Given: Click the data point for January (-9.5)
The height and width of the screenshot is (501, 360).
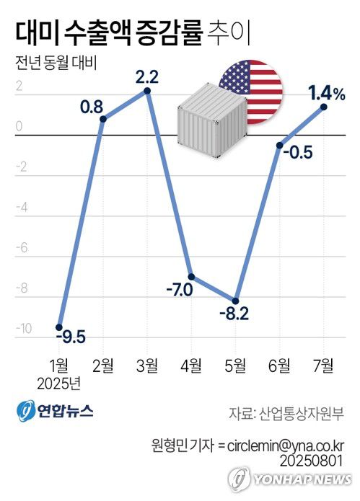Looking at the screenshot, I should pos(59,327).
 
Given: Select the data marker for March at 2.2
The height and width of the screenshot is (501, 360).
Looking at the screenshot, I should pos(147,91).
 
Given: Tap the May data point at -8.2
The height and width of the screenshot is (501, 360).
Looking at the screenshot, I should pos(235,299).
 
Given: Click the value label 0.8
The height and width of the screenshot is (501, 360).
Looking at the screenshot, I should pos(91,107).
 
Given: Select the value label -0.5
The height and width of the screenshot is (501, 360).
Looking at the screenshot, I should pos(297,153).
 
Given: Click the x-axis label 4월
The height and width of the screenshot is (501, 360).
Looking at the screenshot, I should pos(191,365).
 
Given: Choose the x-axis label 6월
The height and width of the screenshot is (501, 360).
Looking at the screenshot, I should pos(279,365).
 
